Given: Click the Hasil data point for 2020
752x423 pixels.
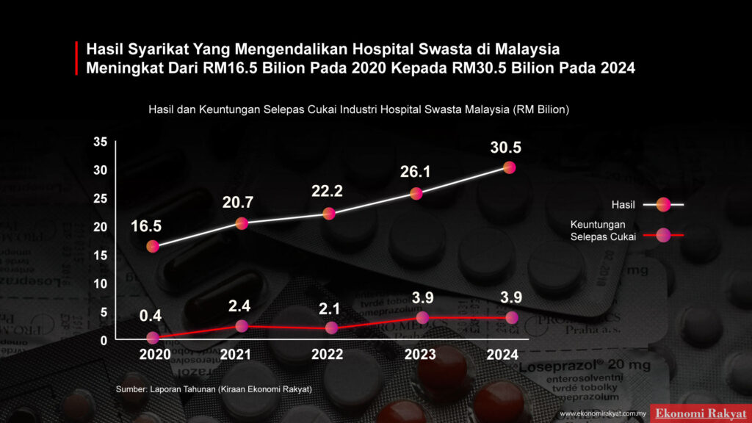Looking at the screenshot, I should coord(153,246).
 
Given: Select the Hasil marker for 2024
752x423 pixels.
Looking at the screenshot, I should coord(509,167).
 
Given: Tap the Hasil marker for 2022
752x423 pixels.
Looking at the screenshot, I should coord(329,214).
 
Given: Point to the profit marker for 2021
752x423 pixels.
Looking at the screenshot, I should coord(242,326).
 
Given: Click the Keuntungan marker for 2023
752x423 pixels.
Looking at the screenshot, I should coord(422,317).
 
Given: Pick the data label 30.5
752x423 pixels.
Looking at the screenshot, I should coord(506,148).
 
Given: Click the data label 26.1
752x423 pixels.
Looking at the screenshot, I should coord(416,172).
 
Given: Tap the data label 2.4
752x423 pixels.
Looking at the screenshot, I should coord(239,304).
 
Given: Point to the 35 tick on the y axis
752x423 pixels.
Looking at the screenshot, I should coord(101,142).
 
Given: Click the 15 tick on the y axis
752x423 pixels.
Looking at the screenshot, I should coord(101,255).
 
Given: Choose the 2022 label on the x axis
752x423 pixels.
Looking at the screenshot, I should coord(327,355).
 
